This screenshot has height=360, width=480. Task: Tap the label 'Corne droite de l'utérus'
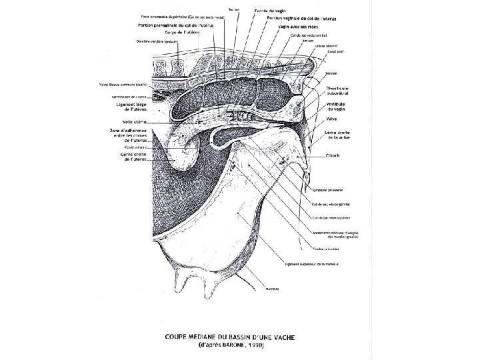133,157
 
